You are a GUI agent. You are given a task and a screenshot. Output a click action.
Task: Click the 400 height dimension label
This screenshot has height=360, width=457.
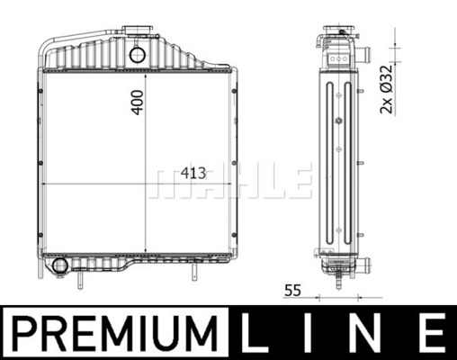tap(138, 103)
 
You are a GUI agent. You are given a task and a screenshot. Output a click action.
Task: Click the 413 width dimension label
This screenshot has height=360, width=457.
tap(193, 173)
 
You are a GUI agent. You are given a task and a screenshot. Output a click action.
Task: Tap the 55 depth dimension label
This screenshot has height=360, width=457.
tap(292, 290)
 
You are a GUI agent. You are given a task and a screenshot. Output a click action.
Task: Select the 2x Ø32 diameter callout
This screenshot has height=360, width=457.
tap(386, 89)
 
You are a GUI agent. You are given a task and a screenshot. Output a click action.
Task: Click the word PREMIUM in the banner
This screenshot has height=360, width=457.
tap(116, 333)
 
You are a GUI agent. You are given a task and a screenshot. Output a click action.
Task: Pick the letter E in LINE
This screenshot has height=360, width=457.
tap(432, 333)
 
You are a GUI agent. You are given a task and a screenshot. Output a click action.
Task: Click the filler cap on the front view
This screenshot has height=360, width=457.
tap(138, 31)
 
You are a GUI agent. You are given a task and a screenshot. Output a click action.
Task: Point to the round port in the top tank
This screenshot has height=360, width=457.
tap(138, 55)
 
